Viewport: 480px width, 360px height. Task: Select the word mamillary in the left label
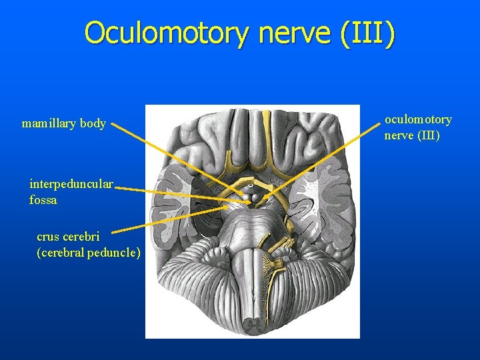(x=49, y=124)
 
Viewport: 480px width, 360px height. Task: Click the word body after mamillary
(x=93, y=124)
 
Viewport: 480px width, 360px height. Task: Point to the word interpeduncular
(x=71, y=183)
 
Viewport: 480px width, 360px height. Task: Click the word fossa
(x=43, y=199)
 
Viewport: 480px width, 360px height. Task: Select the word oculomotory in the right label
(x=418, y=119)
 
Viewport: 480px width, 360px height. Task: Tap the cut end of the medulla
(x=252, y=325)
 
